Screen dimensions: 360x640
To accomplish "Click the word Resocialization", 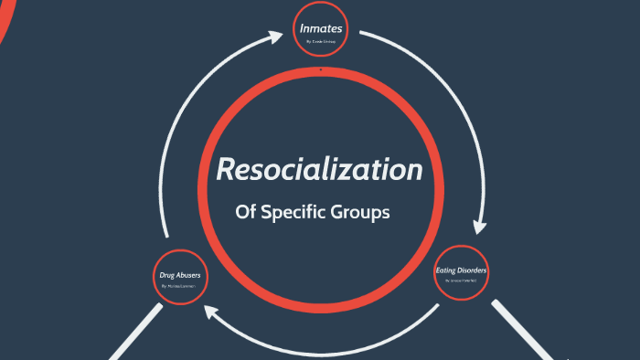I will [319, 170].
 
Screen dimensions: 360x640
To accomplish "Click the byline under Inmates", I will [321, 42].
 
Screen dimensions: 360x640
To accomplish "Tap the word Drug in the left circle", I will [168, 274].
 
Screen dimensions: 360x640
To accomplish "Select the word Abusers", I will [188, 274].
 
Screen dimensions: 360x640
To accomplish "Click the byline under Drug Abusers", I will [178, 287].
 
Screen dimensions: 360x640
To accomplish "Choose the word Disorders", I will [474, 270].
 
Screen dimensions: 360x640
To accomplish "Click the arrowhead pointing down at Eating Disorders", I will [475, 226].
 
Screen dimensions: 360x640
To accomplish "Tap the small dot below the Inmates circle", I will [320, 69].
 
